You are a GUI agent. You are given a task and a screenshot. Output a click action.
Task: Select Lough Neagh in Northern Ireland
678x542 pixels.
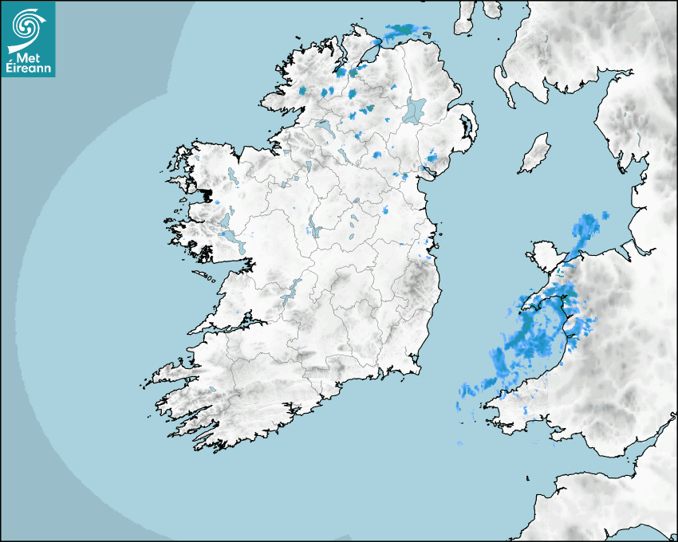(415, 109)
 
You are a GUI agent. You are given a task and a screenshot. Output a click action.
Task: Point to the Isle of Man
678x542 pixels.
(535, 154)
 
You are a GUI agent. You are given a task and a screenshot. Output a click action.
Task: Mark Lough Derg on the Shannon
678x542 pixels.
(290, 289)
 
